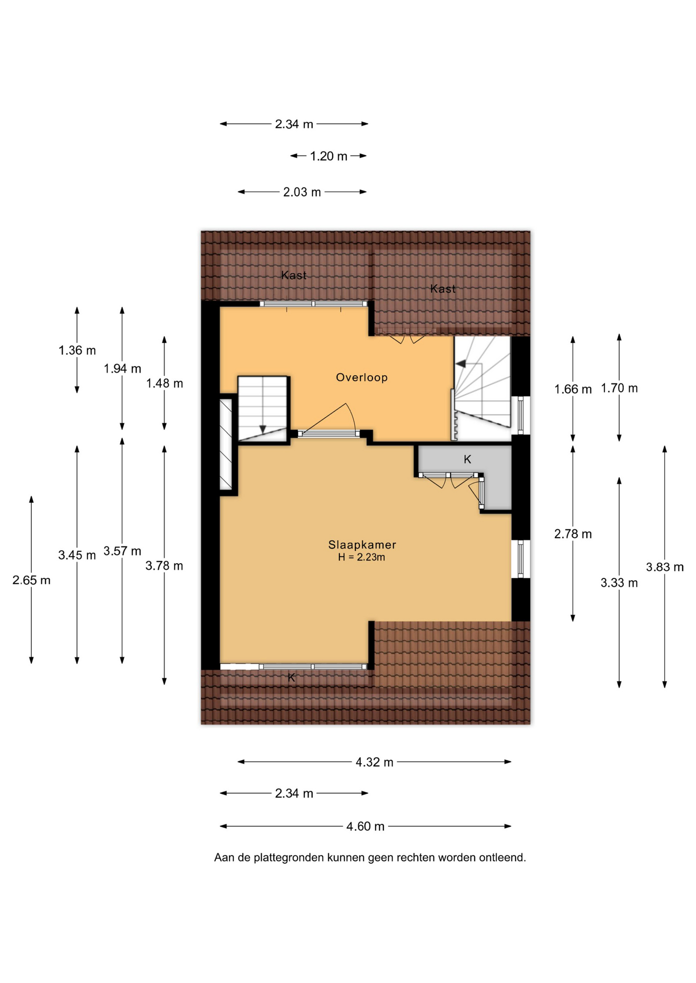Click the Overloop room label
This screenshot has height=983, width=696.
pos(361,377)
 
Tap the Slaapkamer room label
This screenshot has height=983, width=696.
pos(362,545)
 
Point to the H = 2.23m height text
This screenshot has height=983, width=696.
pos(361,557)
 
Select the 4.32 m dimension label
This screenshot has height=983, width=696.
pos(375,762)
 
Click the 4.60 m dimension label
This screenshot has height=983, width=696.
pos(365,826)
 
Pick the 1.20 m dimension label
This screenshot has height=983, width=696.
pos(329,156)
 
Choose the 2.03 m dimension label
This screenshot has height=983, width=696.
pos(302,192)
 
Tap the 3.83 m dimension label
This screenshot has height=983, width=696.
pos(665,567)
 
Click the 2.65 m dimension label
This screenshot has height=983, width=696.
pos(31,581)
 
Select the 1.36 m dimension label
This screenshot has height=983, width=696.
pos(77,351)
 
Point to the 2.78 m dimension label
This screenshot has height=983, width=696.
pos(573,535)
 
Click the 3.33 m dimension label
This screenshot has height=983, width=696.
pos(619,583)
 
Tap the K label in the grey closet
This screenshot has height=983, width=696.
pos(467,459)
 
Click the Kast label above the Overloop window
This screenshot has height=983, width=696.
pos(294,275)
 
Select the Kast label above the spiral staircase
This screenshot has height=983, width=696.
pos(443,289)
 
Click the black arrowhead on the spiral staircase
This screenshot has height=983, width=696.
pos(461,364)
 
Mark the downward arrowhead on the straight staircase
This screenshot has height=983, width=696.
pos(263,429)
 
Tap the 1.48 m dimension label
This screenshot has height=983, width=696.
pos(165,383)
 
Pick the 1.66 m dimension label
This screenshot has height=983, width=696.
pos(573,390)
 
